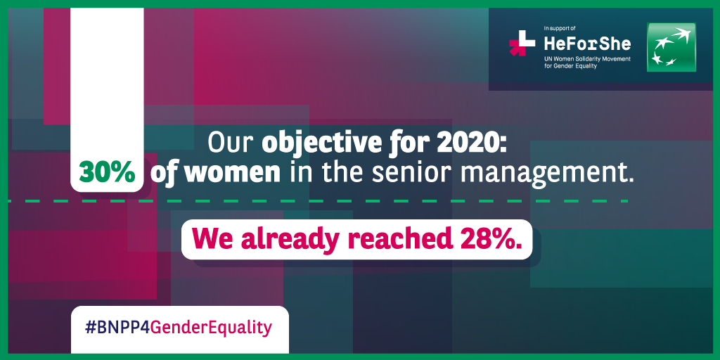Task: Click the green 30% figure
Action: [107, 173]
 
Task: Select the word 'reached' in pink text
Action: [399, 238]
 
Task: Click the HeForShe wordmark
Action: [587, 44]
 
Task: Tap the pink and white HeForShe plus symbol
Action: [522, 43]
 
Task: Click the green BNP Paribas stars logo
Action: [671, 47]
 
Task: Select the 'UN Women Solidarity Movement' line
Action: [587, 59]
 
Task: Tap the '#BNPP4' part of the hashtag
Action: [118, 328]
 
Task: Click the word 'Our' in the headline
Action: [231, 143]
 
